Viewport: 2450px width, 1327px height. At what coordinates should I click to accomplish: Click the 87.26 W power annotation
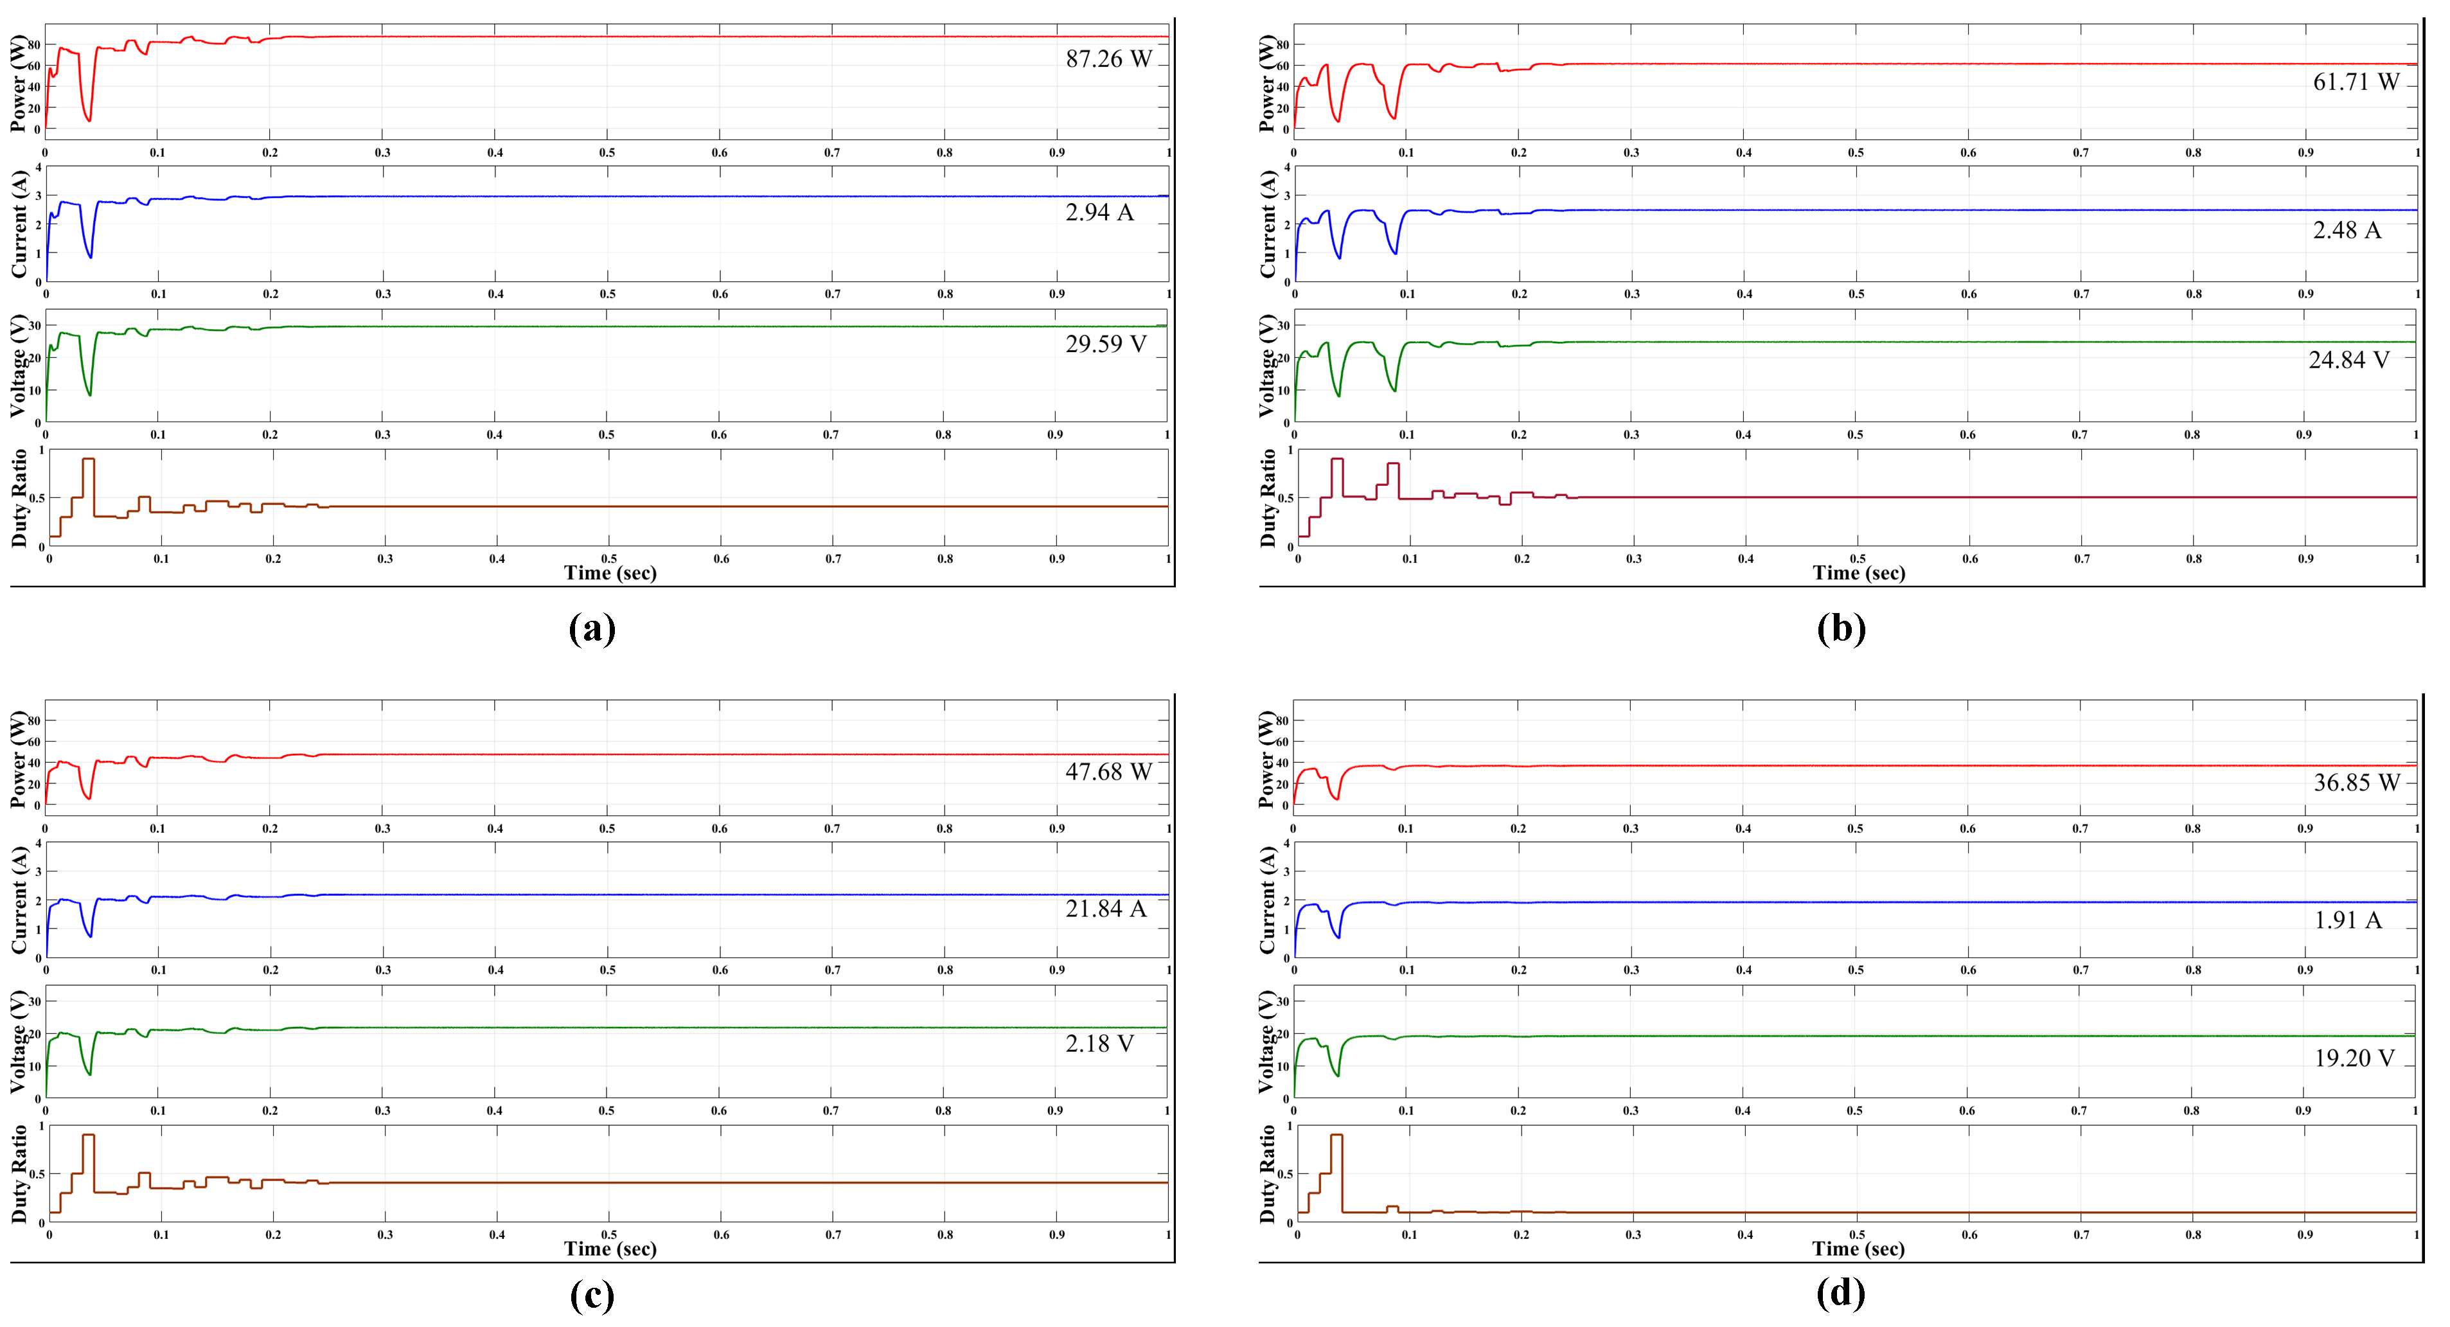(1108, 59)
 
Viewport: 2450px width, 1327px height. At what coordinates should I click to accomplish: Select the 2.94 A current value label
(1099, 212)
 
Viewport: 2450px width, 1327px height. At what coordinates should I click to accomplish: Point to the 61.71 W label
(2356, 82)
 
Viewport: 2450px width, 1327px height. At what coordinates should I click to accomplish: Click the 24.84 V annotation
(2348, 360)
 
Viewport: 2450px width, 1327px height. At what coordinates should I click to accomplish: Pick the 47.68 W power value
(1108, 772)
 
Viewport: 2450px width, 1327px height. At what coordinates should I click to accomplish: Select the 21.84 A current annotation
(1105, 909)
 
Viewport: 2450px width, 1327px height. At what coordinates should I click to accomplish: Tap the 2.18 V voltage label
(1099, 1044)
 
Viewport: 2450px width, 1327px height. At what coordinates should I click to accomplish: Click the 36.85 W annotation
(2356, 782)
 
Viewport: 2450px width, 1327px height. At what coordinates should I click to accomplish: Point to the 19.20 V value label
(2354, 1058)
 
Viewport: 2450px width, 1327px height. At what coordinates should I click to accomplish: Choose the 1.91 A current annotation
(2347, 920)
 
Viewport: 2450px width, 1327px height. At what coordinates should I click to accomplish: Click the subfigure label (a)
(592, 628)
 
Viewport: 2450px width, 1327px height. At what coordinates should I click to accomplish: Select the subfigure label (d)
(1840, 1293)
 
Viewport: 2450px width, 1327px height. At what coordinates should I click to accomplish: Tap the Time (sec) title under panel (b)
(1858, 573)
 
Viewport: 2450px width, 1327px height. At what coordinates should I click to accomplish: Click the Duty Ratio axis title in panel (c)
(19, 1174)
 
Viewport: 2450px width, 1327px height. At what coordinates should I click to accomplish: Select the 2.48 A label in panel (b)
(2347, 230)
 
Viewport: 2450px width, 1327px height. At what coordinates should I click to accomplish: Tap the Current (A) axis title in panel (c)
(19, 900)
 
